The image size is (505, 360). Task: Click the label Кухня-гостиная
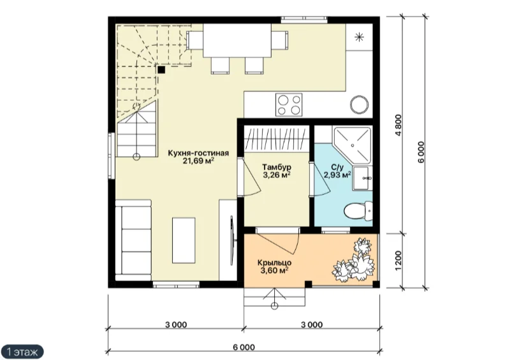[x=198, y=153]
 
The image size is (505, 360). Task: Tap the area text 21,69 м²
[x=198, y=161]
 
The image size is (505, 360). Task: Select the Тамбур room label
[x=277, y=168]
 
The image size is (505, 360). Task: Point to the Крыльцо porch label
[x=274, y=263]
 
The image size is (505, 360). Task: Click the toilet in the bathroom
[x=358, y=212]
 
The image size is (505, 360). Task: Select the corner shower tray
[x=352, y=146]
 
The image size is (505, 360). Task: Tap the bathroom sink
[x=362, y=178]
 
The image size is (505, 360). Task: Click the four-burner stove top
[x=289, y=105]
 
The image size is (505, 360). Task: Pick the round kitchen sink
[x=359, y=104]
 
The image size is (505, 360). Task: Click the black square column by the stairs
[x=161, y=69]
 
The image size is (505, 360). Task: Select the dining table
[x=237, y=41]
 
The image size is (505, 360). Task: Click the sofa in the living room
[x=133, y=238]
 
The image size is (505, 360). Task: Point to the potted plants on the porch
[x=354, y=259]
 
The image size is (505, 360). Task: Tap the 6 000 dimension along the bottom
[x=244, y=347]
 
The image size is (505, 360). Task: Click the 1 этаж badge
[x=22, y=351]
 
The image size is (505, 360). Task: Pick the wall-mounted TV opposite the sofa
[x=232, y=241]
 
